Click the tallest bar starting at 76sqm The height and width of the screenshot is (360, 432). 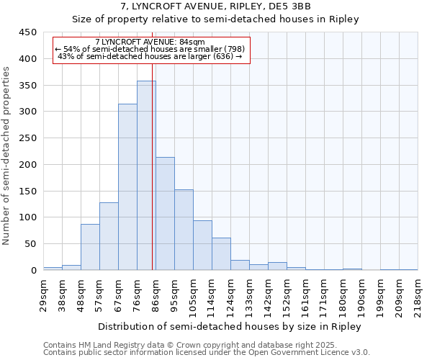tap(146, 176)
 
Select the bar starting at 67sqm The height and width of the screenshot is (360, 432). tap(127, 187)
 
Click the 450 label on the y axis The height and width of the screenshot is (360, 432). tap(28, 32)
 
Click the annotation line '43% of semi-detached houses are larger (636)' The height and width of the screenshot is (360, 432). tap(150, 56)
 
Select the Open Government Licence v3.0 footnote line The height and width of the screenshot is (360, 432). tap(207, 352)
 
